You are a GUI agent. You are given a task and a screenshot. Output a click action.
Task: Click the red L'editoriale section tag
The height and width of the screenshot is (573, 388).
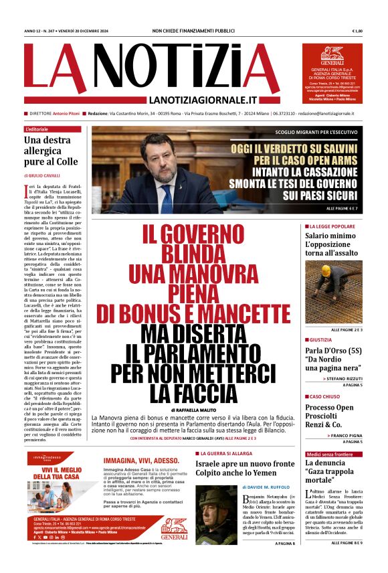(37, 129)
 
